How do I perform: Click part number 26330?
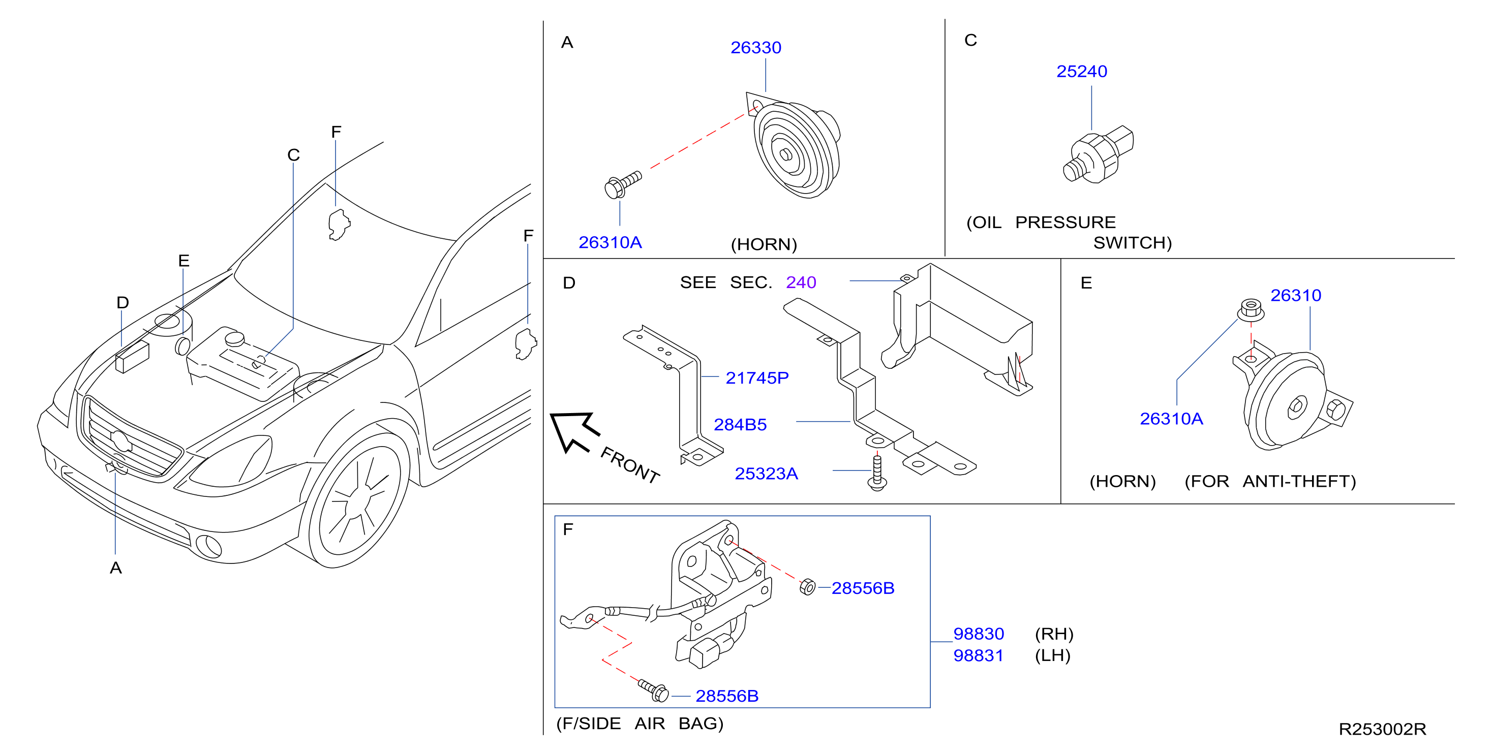[755, 47]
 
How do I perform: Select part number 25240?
[1081, 71]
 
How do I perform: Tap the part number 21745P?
[757, 378]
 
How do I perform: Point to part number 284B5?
[740, 425]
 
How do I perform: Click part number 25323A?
[766, 474]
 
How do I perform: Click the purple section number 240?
[801, 282]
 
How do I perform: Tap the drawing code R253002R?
[1382, 729]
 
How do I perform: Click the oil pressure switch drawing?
[1098, 154]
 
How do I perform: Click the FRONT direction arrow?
[573, 431]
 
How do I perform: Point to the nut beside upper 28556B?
[807, 587]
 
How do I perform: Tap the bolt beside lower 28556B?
[653, 689]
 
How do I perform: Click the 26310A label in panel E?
[1171, 419]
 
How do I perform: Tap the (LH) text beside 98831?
[1053, 655]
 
